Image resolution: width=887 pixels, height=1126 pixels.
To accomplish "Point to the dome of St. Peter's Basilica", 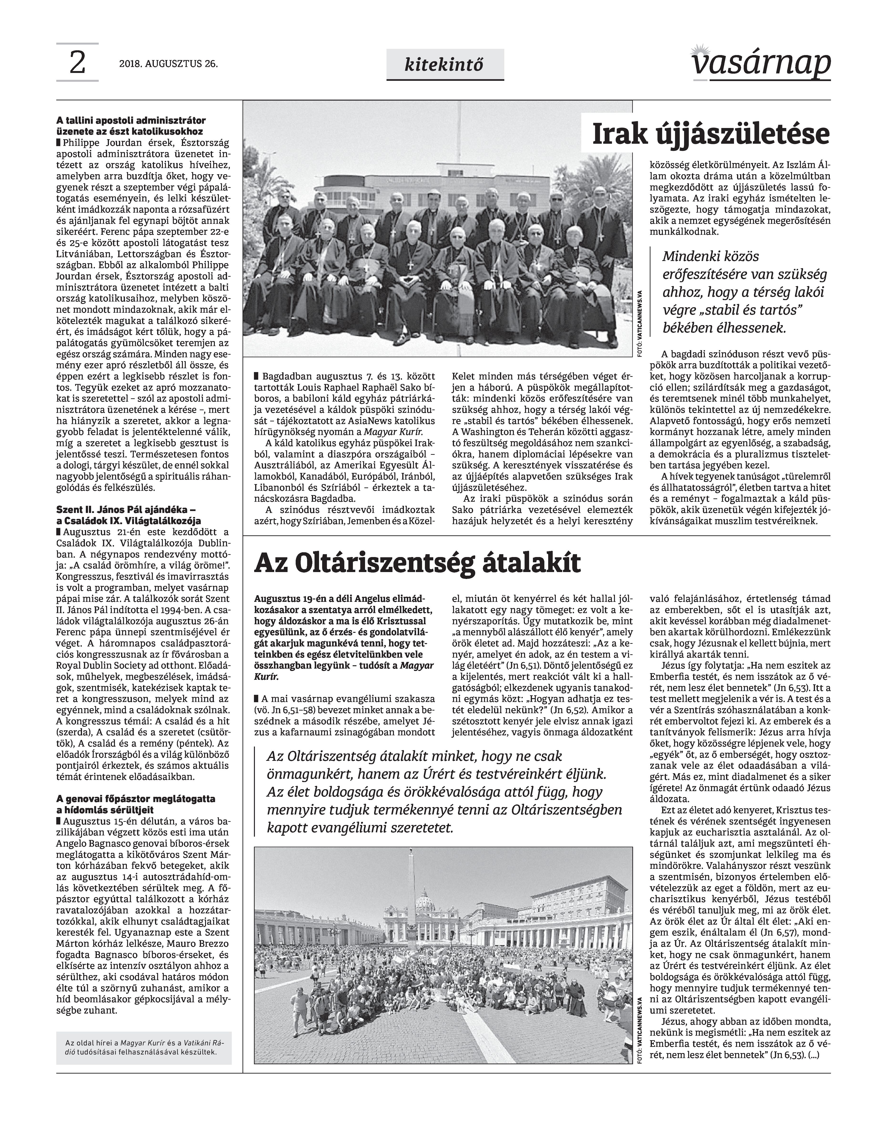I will coord(426,899).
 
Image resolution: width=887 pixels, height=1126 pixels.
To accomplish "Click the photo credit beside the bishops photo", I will coord(640,323).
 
